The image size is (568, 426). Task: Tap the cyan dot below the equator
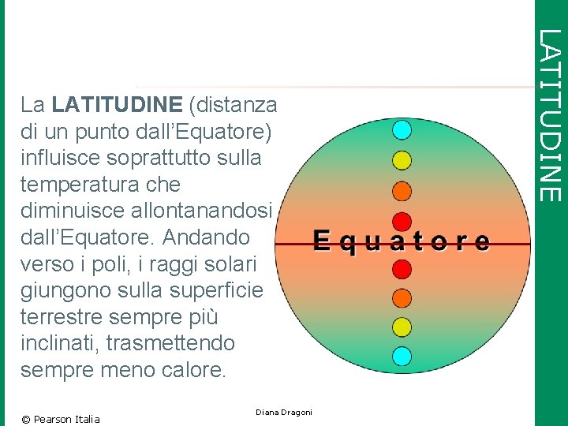tap(402, 356)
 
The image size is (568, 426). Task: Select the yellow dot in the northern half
tap(402, 160)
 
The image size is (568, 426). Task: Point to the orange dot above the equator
tap(402, 191)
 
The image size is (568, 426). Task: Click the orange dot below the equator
tap(402, 298)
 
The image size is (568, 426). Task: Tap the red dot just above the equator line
tap(402, 222)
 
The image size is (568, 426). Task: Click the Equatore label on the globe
tap(401, 241)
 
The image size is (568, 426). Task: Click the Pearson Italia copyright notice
tap(61, 419)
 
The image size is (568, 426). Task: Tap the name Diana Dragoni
tap(284, 413)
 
